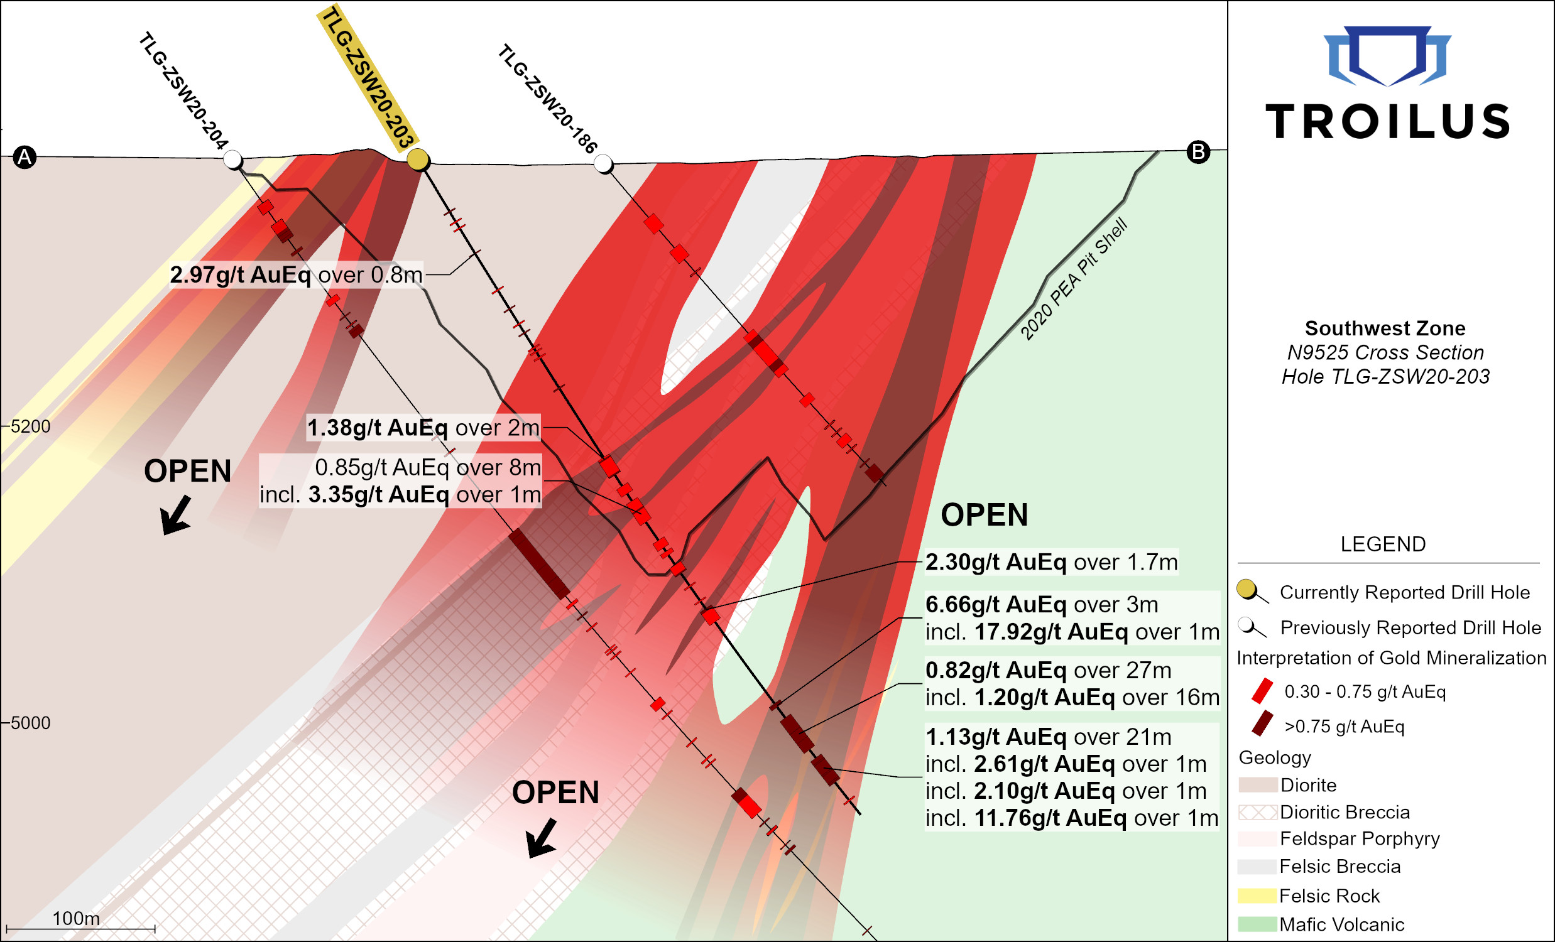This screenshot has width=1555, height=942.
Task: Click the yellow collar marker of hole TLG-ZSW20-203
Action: pos(417,160)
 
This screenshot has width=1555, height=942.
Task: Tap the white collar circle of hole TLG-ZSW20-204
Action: pos(233,160)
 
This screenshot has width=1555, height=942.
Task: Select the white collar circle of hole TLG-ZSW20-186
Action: pos(603,164)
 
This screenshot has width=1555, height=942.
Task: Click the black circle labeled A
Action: pos(25,157)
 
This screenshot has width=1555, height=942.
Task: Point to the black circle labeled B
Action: pos(1198,152)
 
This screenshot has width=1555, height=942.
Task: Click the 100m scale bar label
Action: pos(76,919)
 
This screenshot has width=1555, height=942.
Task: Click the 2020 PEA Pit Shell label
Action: pos(1074,279)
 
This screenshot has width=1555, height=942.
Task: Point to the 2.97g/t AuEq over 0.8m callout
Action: pos(296,275)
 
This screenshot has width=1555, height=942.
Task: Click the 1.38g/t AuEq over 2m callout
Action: pos(423,428)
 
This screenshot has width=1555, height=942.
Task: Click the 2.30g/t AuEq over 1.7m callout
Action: pos(1051,561)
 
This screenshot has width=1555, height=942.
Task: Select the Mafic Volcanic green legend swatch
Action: pos(1257,924)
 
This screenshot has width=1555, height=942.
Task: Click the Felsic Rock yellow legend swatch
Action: pos(1257,896)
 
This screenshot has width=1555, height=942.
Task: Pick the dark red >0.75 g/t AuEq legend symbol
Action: pos(1262,724)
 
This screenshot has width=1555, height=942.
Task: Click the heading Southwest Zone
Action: pos(1385,328)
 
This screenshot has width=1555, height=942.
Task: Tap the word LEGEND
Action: pos(1383,544)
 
